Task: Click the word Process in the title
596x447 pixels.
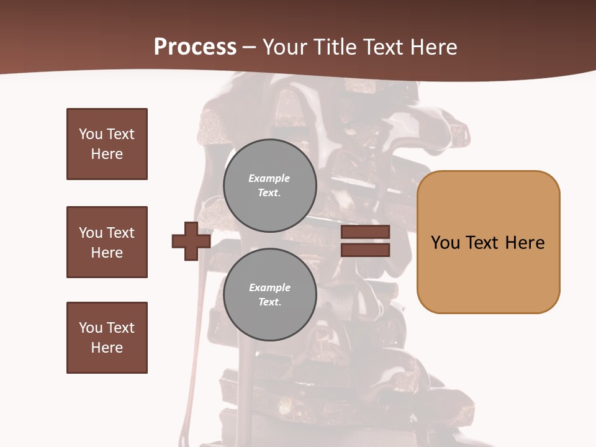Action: point(195,47)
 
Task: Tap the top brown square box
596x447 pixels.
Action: point(107,144)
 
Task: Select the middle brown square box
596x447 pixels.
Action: point(107,242)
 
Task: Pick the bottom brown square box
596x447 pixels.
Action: point(107,338)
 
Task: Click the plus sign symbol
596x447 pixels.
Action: point(191,241)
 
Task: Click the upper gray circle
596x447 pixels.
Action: point(270,185)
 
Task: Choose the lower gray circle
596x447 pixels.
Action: point(270,294)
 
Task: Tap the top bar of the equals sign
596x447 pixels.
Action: point(365,232)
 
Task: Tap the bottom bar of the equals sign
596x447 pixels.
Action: point(365,250)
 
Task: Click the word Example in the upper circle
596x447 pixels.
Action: point(269,178)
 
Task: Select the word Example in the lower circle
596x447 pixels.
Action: point(269,287)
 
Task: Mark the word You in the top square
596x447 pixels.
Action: point(90,134)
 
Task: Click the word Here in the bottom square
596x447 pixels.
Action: point(107,348)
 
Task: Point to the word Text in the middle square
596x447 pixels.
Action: point(120,233)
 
